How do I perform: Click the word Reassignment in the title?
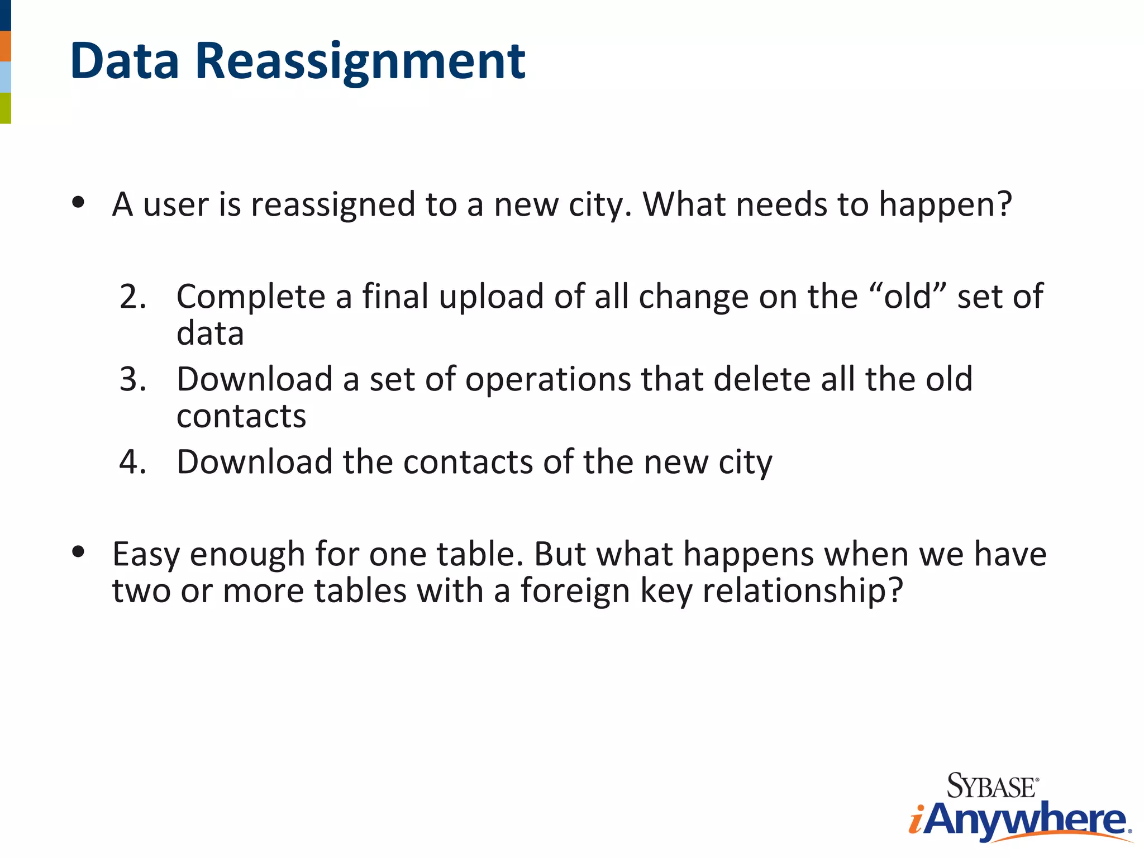coord(360,61)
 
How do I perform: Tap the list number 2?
coord(132,297)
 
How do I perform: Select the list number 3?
coord(132,379)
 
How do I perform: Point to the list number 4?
coord(132,462)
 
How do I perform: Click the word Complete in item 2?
coord(251,297)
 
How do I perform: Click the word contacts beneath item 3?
coord(241,416)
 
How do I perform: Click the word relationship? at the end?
coord(803,592)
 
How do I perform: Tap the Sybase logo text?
coord(992,786)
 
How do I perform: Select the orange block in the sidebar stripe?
coord(5,46)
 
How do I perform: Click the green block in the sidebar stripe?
coord(5,108)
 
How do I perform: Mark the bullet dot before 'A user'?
coord(78,202)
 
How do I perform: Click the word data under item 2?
coord(210,333)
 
